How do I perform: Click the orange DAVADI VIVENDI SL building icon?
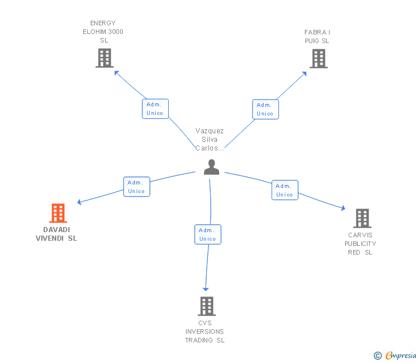point(57,213)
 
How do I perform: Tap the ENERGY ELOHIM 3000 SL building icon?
point(104,58)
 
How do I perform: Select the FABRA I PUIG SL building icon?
point(319,59)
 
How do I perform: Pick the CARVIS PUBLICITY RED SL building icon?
point(362,218)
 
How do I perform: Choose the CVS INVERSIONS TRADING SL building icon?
point(207,306)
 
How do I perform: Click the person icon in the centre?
point(212,167)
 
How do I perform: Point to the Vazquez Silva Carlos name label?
point(210,140)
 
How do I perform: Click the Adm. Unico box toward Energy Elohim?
point(155,109)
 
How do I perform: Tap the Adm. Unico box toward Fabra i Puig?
point(265,109)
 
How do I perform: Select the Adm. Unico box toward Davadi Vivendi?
point(137,187)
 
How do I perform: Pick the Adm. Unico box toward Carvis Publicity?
point(285,190)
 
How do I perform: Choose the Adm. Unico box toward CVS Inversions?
point(207,234)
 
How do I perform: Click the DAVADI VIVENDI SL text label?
point(56,234)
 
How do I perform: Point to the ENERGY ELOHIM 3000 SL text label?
point(103,32)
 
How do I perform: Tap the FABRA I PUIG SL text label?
point(317,36)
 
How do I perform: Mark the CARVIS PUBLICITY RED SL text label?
point(361,244)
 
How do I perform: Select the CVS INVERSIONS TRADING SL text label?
point(205,332)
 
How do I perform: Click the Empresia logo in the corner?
point(400,356)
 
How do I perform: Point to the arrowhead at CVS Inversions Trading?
point(206,289)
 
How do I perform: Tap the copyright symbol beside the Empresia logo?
point(378,356)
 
